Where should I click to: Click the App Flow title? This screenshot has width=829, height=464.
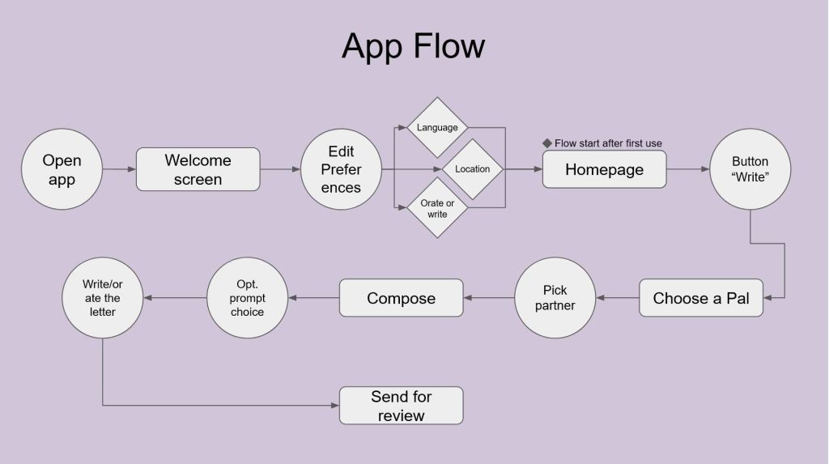pos(413,46)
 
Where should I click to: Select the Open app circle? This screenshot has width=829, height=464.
pos(62,169)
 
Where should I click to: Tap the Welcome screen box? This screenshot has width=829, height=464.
pos(198,169)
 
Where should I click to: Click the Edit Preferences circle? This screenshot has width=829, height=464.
pos(341,169)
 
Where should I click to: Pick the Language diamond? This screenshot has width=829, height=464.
pos(437,127)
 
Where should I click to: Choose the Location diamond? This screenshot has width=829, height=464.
pos(472,169)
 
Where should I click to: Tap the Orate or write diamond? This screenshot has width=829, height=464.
pos(437,209)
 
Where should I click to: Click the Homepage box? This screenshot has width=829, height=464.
pos(604,169)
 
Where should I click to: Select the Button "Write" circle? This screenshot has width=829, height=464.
pos(750,169)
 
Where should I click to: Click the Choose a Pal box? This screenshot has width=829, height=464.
pos(700,298)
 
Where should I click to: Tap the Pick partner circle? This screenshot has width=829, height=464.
pos(555,298)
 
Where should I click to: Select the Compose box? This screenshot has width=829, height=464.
pos(401,298)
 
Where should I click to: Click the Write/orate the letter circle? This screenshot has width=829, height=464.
pos(102,298)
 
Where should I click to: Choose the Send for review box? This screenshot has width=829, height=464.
pos(401,406)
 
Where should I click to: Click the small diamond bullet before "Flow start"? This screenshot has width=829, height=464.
pos(546,143)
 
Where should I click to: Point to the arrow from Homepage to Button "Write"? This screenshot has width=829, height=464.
pos(687,169)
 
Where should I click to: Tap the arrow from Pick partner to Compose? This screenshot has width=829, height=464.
pos(489,298)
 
